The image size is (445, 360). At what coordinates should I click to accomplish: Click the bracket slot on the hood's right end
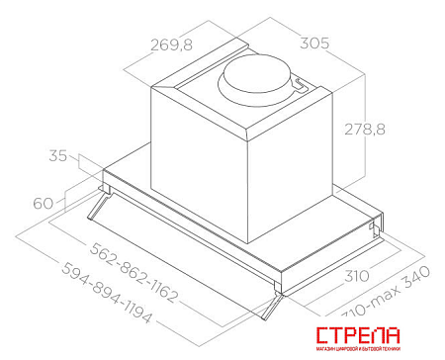[x=374, y=229]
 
